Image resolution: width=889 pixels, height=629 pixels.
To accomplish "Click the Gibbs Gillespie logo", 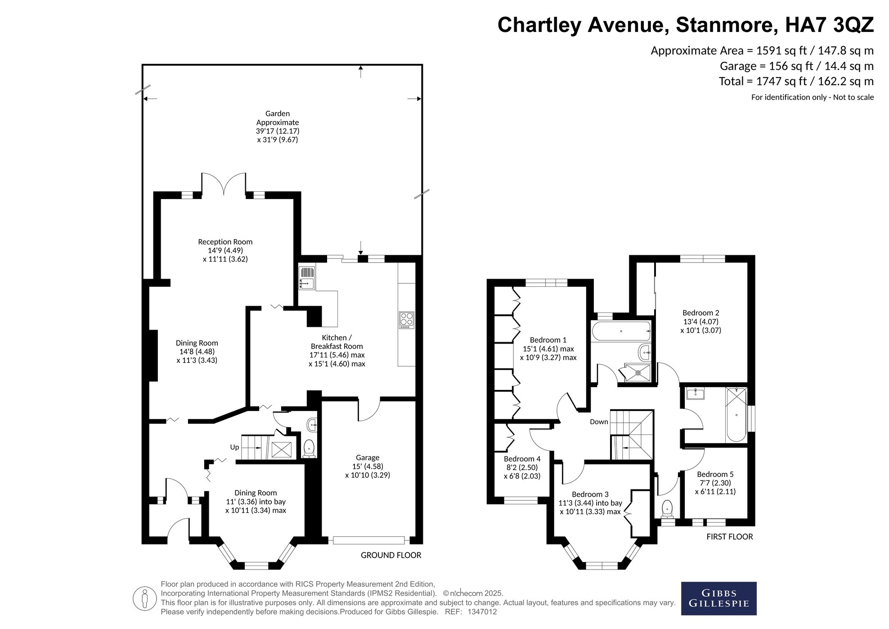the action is pyautogui.click(x=718, y=598).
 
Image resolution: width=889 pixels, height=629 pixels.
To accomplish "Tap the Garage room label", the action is pyautogui.click(x=368, y=466).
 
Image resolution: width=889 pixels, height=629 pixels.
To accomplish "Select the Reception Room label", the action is pyautogui.click(x=225, y=250).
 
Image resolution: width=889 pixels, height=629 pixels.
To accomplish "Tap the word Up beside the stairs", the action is pyautogui.click(x=234, y=447).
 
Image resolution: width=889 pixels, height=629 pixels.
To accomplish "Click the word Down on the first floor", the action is pyautogui.click(x=599, y=422).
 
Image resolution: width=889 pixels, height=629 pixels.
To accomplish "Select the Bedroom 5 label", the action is pyautogui.click(x=715, y=483).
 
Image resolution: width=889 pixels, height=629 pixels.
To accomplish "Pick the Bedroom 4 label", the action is pyautogui.click(x=522, y=467).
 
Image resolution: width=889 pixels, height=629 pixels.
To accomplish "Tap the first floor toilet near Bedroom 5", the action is pyautogui.click(x=667, y=509).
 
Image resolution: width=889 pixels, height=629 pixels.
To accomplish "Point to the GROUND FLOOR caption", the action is pyautogui.click(x=391, y=555).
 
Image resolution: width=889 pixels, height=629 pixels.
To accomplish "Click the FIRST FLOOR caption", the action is pyautogui.click(x=729, y=537).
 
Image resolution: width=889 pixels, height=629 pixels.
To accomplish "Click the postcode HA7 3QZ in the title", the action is pyautogui.click(x=829, y=25).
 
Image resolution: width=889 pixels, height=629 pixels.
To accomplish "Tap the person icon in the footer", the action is pyautogui.click(x=144, y=599).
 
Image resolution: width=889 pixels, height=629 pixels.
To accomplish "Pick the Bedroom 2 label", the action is pyautogui.click(x=700, y=321).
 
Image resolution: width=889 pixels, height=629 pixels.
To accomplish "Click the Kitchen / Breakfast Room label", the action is pyautogui.click(x=337, y=350).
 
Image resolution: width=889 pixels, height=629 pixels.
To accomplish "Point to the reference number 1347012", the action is pyautogui.click(x=482, y=612).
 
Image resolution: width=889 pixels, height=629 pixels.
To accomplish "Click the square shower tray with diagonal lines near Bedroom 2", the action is pyautogui.click(x=635, y=372).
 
